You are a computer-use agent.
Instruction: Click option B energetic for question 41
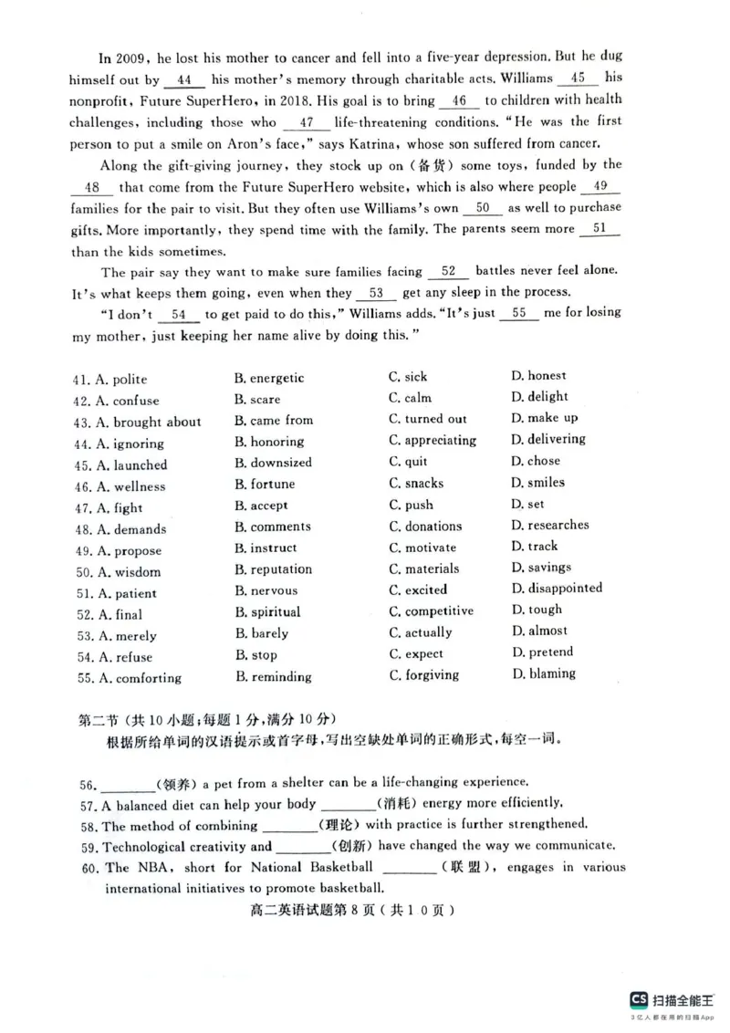[269, 378]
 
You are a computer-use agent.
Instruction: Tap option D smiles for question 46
[538, 482]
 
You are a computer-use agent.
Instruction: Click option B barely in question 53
[262, 633]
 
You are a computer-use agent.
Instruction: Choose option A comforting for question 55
[127, 678]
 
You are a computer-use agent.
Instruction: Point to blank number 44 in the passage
[184, 80]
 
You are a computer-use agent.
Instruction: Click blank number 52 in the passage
[448, 271]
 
